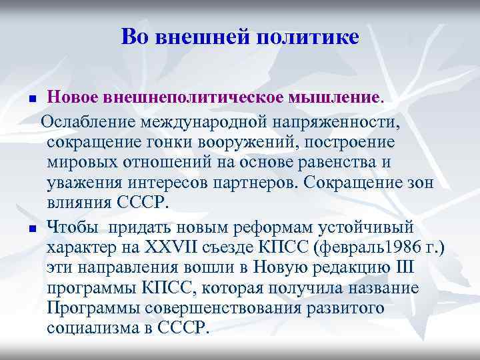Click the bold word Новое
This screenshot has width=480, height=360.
click(72, 99)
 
